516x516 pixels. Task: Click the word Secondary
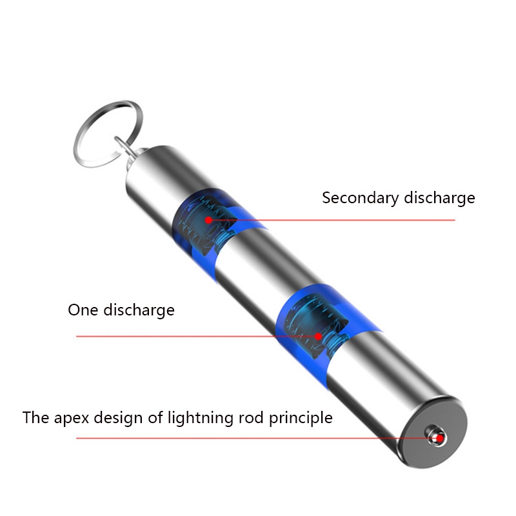361,199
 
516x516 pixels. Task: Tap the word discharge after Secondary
440,197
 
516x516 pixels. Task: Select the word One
83,310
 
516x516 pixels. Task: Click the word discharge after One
139,310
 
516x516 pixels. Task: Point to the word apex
72,419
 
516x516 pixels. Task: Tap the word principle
301,418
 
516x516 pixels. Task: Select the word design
119,418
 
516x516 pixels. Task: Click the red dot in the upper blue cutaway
208,220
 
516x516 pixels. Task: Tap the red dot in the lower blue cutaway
318,336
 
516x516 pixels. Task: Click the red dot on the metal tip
440,439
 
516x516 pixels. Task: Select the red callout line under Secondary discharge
332,220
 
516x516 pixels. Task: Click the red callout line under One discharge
197,336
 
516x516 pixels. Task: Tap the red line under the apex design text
258,439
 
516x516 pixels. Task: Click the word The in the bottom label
36,417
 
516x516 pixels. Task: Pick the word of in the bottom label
155,417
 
